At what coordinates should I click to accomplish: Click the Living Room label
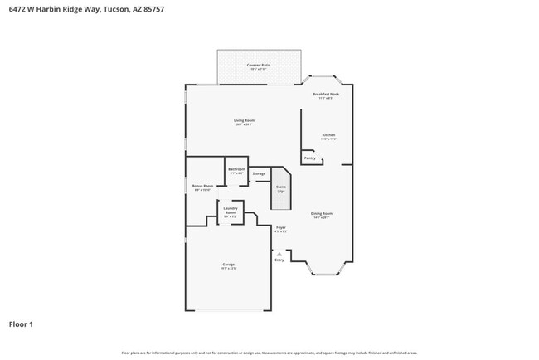(x=244, y=121)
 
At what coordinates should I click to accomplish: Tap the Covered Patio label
(x=259, y=65)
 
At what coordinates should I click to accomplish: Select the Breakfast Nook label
(x=326, y=95)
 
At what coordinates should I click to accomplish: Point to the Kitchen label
(x=328, y=134)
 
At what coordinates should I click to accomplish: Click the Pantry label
(x=309, y=158)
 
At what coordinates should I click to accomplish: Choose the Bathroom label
(x=236, y=169)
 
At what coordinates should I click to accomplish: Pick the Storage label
(x=259, y=173)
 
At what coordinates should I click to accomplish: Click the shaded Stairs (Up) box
(x=281, y=187)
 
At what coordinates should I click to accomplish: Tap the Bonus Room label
(x=202, y=187)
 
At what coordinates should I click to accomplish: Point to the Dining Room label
(x=321, y=214)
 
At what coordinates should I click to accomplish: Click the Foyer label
(x=281, y=226)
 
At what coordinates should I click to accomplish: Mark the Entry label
(x=279, y=260)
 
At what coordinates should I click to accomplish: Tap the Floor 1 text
(x=21, y=324)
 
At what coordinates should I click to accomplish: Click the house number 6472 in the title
(x=17, y=10)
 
